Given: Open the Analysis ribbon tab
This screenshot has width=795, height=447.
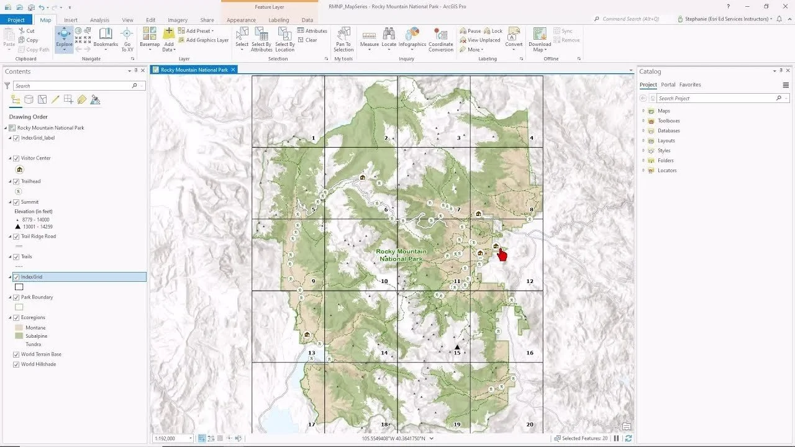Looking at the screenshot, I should [99, 20].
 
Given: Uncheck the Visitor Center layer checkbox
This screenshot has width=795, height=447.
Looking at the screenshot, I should [16, 158].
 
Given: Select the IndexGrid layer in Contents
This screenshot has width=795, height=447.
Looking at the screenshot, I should [32, 277].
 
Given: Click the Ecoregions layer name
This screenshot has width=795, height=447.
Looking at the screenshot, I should [33, 317].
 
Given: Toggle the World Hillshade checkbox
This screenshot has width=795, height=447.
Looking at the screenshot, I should [16, 364].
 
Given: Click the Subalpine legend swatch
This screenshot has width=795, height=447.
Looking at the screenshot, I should [19, 336].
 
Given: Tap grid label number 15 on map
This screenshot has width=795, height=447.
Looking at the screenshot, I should [457, 353].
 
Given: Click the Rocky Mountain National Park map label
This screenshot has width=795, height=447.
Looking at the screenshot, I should [401, 255].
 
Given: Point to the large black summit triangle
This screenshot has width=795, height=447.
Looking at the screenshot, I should [457, 347].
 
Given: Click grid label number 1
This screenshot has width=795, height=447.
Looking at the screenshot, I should [314, 138].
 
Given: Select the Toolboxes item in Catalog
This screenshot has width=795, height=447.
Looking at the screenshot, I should [668, 120].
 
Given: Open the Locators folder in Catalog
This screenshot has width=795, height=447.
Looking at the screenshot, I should [666, 170].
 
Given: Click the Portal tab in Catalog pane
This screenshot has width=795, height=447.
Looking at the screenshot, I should [668, 84].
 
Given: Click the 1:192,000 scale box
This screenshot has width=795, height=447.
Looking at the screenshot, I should [170, 438].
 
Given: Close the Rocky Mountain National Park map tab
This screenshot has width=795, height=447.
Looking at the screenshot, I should [234, 70].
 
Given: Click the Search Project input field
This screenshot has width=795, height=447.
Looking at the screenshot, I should [714, 98].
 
